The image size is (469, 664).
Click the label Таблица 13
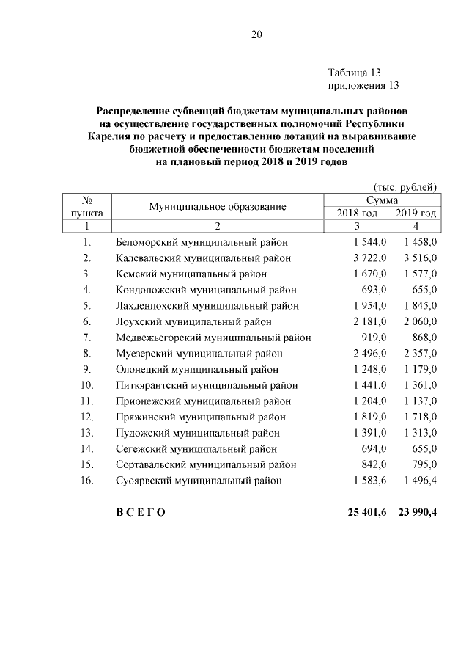[355, 73]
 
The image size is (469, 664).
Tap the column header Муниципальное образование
[217, 206]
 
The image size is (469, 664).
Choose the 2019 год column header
[416, 213]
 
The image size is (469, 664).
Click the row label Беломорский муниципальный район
[202, 241]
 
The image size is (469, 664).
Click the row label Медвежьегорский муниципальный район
[213, 338]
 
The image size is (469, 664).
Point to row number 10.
[87, 385]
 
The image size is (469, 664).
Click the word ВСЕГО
[141, 512]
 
